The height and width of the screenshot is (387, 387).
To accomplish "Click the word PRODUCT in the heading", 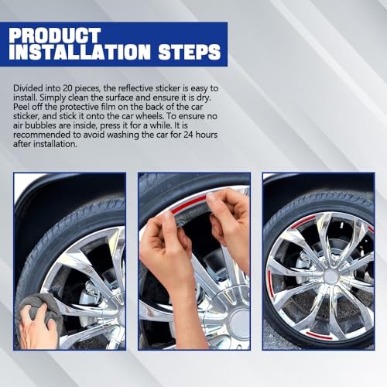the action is [54, 35].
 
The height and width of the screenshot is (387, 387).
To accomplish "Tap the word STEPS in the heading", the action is [190, 52].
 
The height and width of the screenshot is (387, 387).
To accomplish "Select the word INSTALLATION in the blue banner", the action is [80, 52].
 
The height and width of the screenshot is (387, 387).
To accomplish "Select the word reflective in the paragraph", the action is [135, 88].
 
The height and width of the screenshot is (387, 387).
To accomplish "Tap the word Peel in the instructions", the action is [21, 107].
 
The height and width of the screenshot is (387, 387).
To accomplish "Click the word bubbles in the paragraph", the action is [42, 125].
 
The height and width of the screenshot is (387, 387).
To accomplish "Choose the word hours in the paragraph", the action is [207, 135].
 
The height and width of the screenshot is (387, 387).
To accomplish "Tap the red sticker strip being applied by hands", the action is [188, 203].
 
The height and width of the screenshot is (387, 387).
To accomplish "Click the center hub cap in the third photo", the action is [330, 276].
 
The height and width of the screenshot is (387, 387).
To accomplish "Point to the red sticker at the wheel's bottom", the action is [319, 335].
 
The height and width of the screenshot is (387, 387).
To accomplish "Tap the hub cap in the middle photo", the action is [239, 323].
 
